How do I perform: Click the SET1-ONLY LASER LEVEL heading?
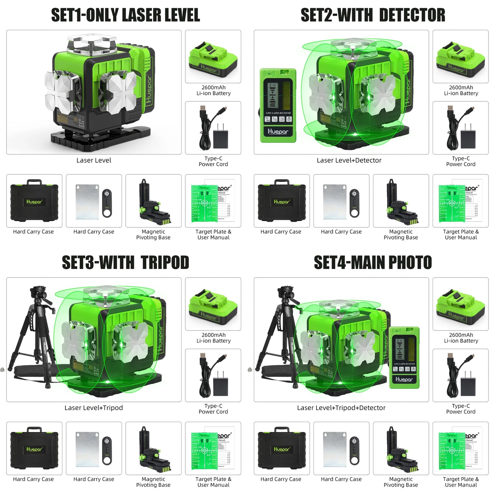point(125,15)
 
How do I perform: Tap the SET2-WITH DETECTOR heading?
point(373,15)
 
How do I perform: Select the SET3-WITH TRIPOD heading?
point(125,263)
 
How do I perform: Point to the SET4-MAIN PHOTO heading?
point(373,263)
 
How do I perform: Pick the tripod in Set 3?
point(34,336)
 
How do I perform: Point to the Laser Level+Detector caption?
point(349,160)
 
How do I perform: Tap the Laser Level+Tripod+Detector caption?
point(341,408)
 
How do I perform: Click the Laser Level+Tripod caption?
point(94,408)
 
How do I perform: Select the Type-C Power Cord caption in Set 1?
point(213,161)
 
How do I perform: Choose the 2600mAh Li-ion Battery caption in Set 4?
point(461,338)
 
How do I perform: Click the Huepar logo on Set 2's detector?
point(278,132)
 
